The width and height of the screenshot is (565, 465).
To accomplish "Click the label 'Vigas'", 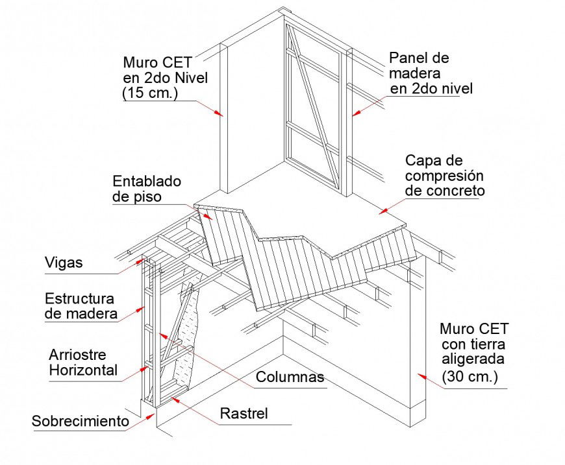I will click(x=64, y=263).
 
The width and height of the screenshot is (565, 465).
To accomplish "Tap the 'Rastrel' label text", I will click(x=244, y=414).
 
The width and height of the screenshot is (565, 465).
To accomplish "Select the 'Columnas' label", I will click(x=290, y=377).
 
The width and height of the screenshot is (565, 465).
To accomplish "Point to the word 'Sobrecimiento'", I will click(x=81, y=421).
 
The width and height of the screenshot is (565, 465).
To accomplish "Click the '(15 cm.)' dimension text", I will click(x=150, y=93).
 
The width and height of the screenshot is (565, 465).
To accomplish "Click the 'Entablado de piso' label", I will click(x=147, y=189).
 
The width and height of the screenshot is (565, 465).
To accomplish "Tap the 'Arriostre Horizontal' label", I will click(x=83, y=363).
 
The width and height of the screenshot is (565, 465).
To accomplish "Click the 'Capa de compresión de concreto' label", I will click(x=444, y=176).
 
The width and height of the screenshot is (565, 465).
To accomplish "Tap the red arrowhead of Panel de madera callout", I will click(x=355, y=114).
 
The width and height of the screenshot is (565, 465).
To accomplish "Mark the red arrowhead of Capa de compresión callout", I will click(x=383, y=210).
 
